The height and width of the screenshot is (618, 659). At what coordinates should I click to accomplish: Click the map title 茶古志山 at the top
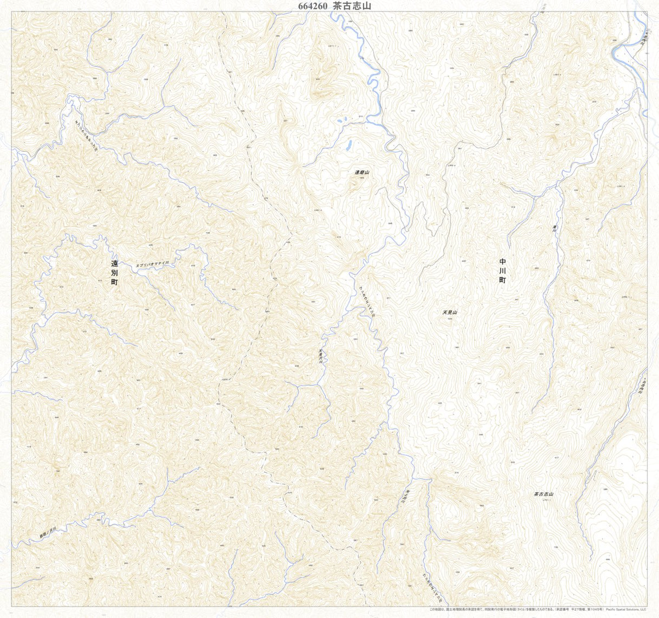point(352,6)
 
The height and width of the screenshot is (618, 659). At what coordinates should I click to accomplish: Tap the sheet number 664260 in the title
point(312,6)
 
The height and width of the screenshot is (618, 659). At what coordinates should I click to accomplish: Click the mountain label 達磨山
point(362,173)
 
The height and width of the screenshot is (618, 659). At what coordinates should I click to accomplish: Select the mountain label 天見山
point(450,312)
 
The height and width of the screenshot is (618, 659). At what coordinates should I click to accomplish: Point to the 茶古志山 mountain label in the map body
point(543,494)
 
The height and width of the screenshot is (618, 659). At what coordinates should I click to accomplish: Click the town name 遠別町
point(114,272)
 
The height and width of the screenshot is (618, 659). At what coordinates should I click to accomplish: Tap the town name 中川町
point(502,271)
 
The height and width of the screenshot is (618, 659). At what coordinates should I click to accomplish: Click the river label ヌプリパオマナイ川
point(154,263)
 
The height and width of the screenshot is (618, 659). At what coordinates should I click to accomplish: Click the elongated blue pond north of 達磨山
point(349,146)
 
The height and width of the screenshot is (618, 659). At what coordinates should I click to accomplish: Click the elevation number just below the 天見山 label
point(449,318)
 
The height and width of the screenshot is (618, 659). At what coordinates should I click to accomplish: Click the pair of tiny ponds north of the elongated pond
point(341,120)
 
